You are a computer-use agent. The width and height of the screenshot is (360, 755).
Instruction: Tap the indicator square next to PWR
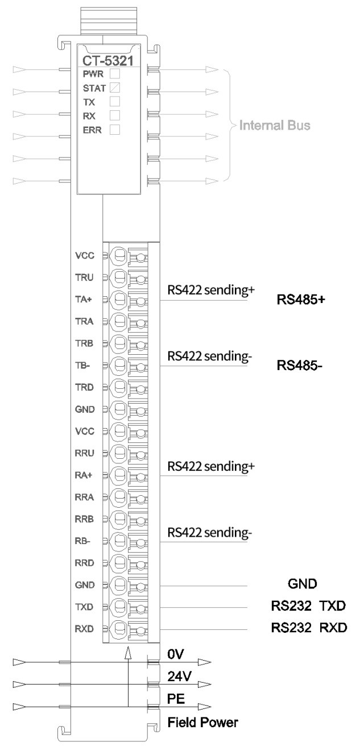tap(114, 73)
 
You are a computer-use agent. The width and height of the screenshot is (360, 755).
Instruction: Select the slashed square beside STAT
tap(114, 88)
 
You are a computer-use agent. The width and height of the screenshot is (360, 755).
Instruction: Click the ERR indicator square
tap(114, 130)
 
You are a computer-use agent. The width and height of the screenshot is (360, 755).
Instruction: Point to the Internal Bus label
tap(275, 126)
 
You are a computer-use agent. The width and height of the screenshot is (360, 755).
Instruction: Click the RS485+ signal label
tap(300, 300)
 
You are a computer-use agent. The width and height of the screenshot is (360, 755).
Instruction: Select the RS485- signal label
tap(299, 366)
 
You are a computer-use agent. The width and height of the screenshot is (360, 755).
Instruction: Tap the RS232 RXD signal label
tap(309, 627)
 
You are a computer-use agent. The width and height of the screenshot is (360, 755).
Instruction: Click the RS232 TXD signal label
tap(309, 604)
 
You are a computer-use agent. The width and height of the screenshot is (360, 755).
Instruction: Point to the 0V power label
tap(175, 654)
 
